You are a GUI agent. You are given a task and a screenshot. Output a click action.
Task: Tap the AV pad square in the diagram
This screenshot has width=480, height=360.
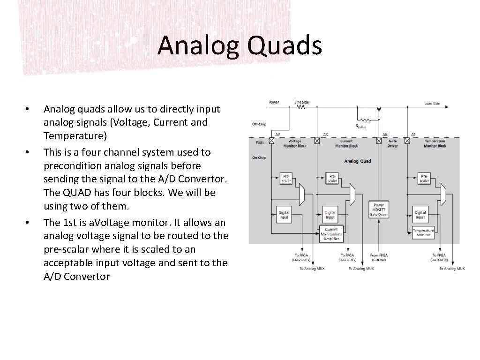click(271, 140)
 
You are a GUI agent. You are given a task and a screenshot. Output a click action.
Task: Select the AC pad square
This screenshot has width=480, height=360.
click(317, 140)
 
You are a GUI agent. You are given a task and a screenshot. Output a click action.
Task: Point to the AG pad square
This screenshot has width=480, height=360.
click(378, 140)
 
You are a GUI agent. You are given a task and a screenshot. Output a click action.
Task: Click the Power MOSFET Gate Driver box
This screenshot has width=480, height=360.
click(379, 210)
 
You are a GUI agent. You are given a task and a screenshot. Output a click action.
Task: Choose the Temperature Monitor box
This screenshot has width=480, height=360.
click(423, 232)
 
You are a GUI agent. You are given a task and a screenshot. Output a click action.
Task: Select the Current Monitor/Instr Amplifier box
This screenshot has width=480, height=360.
click(331, 234)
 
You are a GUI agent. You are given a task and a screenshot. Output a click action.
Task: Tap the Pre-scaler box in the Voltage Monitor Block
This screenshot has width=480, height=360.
click(286, 178)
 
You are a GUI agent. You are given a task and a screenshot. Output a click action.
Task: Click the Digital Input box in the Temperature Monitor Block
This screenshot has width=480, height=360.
click(420, 215)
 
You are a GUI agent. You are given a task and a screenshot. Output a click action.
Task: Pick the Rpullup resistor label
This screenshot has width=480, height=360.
click(361, 126)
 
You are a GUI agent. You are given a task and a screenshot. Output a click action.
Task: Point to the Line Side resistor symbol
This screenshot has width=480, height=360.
click(301, 107)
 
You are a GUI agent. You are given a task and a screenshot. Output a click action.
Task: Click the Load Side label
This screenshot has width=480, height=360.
click(432, 103)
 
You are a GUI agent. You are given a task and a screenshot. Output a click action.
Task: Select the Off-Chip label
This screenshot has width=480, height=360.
click(259, 124)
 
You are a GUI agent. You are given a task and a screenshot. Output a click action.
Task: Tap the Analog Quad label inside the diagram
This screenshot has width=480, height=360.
click(357, 161)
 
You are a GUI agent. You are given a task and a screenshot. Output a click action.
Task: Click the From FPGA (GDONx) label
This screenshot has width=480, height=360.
click(379, 257)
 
